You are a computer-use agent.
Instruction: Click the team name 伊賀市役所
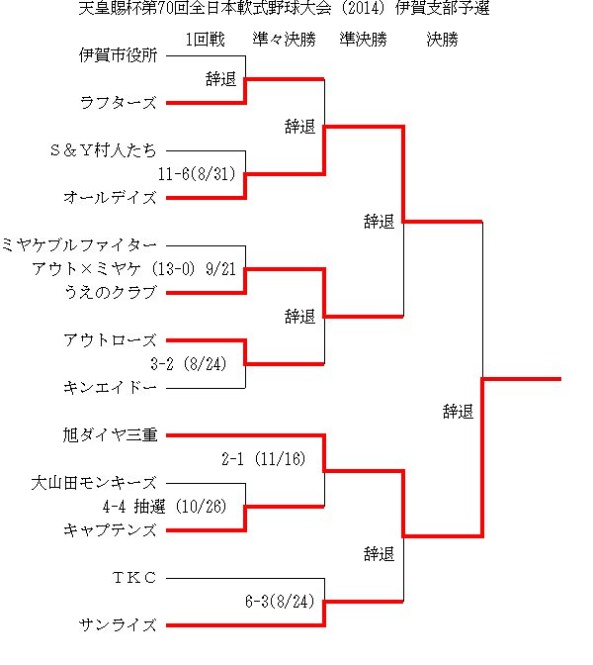tap(119, 55)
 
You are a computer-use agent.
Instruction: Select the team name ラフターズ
tap(119, 103)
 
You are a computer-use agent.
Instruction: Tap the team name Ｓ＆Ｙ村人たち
tap(104, 150)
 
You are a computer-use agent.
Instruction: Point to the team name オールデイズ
tap(110, 198)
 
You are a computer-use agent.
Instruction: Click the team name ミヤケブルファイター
tap(79, 245)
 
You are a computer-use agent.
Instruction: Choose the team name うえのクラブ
tap(111, 293)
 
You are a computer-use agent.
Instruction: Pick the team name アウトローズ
tap(110, 340)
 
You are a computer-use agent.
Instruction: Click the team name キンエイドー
tap(110, 388)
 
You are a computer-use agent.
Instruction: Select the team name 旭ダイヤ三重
tap(110, 435)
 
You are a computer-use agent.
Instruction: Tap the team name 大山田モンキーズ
tap(94, 483)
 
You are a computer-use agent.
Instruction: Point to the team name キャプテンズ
tap(110, 530)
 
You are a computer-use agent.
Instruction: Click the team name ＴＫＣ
tap(134, 578)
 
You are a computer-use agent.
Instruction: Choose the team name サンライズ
tap(119, 625)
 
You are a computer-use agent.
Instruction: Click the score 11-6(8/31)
tap(197, 174)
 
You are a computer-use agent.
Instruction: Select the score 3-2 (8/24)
tap(189, 364)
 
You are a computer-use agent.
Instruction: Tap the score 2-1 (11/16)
tap(264, 459)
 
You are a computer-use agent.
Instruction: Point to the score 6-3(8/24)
tap(280, 602)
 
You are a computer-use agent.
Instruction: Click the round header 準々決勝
tap(285, 40)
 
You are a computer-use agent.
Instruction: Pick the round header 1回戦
tap(206, 40)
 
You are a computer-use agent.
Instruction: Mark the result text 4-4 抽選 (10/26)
tap(165, 507)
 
